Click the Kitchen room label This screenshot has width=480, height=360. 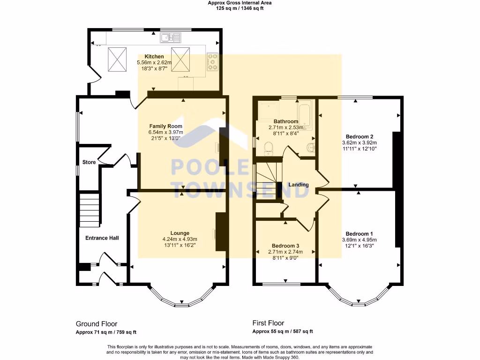point(154,56)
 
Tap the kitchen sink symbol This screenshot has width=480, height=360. point(170,37)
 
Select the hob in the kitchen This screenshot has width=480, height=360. point(212,61)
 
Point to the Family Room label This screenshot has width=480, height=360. point(165,126)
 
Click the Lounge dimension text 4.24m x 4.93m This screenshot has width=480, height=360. point(180,239)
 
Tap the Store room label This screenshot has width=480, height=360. point(89,162)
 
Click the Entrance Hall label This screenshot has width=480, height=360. point(102,238)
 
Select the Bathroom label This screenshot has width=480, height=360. point(285,121)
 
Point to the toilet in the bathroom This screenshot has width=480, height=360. point(269,148)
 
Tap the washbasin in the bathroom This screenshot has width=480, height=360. point(310,148)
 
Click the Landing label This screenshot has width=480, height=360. point(299,185)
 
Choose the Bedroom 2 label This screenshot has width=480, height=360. point(360,136)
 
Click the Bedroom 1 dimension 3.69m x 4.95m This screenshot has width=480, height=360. point(360,240)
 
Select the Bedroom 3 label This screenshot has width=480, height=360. point(285,246)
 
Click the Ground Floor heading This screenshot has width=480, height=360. point(97,324)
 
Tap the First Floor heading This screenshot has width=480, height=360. point(268,323)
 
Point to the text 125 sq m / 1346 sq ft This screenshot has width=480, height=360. point(240,8)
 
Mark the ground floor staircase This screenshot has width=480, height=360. point(90,210)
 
